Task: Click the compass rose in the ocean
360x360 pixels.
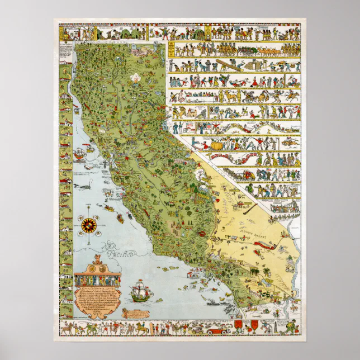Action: tap(89, 225)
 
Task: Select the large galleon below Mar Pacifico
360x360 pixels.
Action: tap(139, 292)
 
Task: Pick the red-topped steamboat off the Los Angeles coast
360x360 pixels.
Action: tap(195, 274)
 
